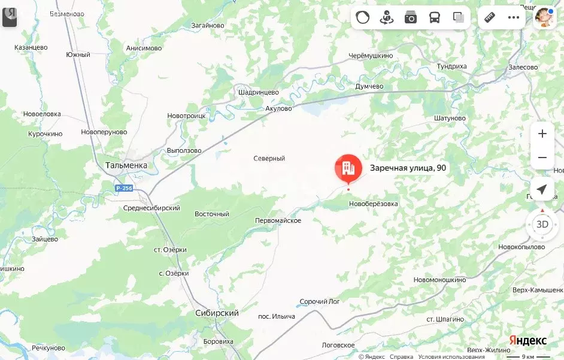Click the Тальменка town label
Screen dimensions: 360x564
(126, 165)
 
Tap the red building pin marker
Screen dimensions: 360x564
(348, 168)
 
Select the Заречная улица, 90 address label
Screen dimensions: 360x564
(408, 168)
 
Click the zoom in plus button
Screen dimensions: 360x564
(542, 134)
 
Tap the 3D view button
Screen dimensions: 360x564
(542, 225)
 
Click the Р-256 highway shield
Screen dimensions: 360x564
(124, 188)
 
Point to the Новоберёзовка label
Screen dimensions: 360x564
(373, 204)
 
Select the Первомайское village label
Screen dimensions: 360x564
(278, 221)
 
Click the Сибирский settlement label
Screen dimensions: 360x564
(217, 313)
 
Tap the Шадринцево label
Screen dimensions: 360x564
(259, 93)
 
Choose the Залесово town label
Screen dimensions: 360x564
(523, 68)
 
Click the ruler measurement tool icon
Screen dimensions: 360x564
(490, 17)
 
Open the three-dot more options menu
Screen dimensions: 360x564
(514, 17)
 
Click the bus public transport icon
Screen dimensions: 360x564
(434, 17)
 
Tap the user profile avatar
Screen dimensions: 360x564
(544, 17)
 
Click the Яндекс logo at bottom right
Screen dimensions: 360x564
(527, 340)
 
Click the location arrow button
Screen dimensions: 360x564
(542, 190)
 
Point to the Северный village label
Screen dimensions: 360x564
(269, 159)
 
